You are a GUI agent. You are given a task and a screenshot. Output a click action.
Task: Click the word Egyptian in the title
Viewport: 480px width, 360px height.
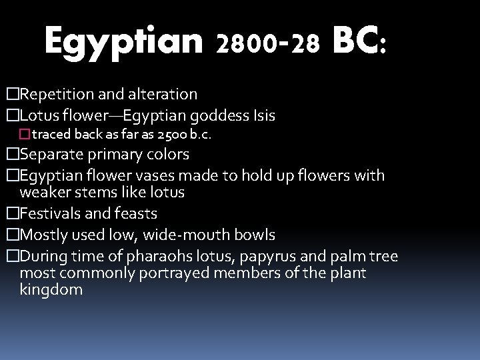coord(123,43)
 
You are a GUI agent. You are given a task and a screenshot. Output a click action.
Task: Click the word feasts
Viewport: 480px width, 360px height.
coord(137,214)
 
